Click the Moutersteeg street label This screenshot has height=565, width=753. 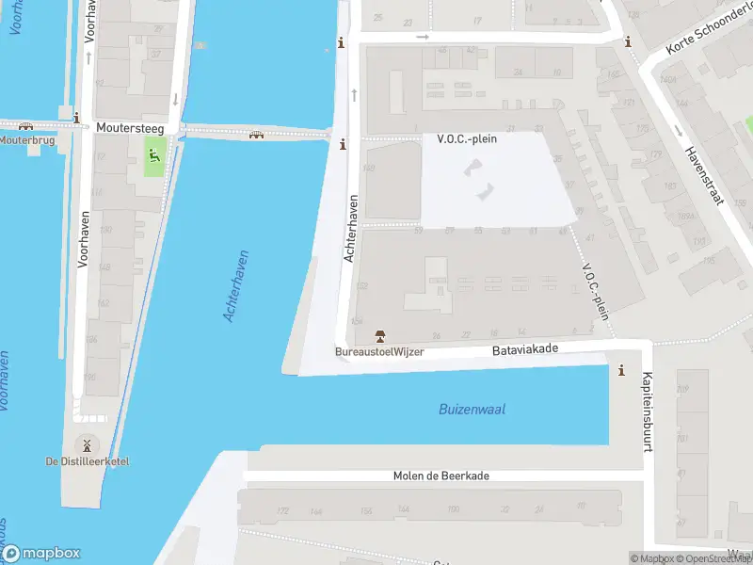130,126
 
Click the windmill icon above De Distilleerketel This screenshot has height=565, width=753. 87,444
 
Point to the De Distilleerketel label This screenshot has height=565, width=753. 88,461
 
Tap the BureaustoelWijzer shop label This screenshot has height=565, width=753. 379,352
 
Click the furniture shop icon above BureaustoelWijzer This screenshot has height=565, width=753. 380,336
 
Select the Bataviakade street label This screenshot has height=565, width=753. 525,348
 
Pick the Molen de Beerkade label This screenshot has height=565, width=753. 441,476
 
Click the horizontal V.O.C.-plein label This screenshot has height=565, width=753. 467,138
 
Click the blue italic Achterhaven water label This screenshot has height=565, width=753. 235,286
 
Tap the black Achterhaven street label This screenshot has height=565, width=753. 351,228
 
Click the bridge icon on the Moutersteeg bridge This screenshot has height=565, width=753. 256,135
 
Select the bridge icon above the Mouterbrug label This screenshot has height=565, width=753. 25,125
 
